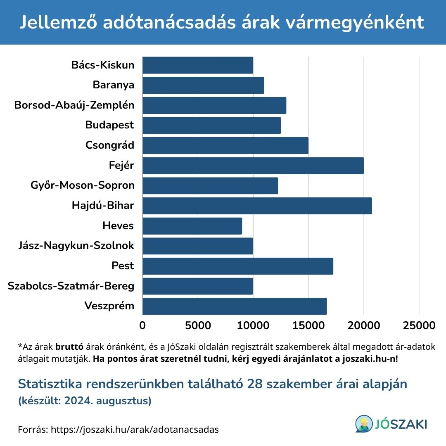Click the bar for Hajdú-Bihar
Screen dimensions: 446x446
[x=257, y=206]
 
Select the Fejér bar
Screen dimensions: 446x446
[x=253, y=166]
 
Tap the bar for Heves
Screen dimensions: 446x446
[x=192, y=226]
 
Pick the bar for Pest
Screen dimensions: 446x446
[x=237, y=266]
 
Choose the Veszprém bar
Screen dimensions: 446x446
[x=234, y=306]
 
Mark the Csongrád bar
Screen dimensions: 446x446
[x=225, y=145]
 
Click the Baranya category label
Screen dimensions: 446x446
[x=114, y=85]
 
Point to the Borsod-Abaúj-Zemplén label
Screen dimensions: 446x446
[x=74, y=105]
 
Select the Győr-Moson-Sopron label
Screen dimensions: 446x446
[x=83, y=185]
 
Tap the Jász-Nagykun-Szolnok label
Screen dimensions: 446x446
[x=76, y=246]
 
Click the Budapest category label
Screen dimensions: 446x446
[x=110, y=125]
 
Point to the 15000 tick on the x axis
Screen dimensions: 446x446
[x=308, y=325]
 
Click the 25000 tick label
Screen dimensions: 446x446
[x=419, y=325]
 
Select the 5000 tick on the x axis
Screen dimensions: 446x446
[x=198, y=325]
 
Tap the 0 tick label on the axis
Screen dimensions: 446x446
[x=142, y=325]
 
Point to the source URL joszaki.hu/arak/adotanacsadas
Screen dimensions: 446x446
[x=135, y=429]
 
